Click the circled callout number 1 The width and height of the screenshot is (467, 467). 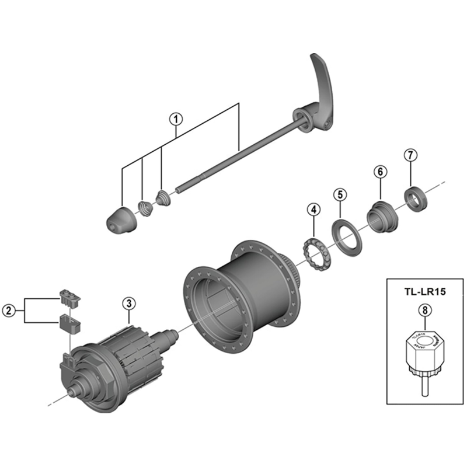(x=176, y=119)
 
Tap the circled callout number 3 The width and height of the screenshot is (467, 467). (x=129, y=303)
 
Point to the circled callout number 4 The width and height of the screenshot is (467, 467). (x=313, y=209)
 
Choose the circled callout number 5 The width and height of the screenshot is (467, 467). (x=341, y=195)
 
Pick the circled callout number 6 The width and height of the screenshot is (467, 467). (x=379, y=172)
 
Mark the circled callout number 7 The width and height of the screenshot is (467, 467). (x=411, y=155)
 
